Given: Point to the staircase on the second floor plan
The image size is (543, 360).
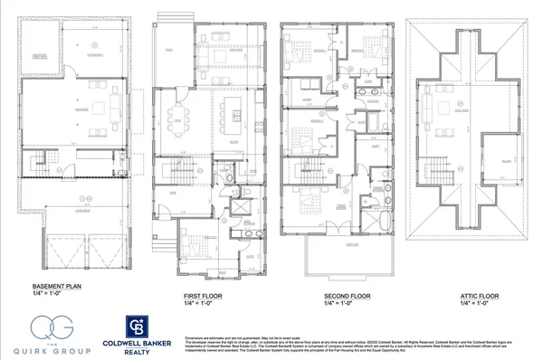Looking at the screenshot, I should click(305, 171).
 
